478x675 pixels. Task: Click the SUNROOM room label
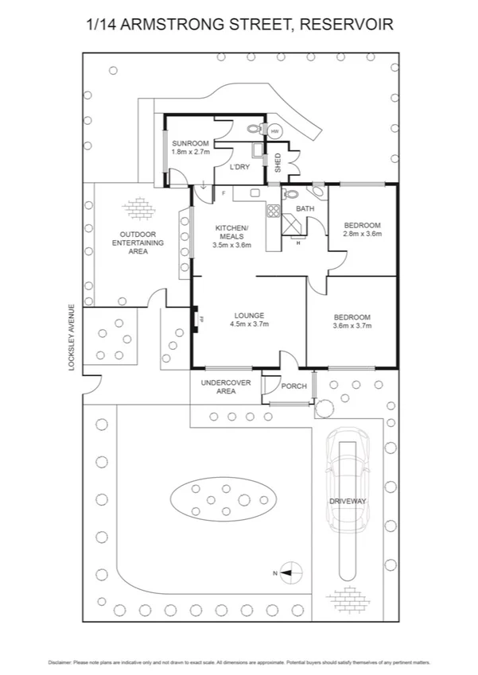click(x=191, y=143)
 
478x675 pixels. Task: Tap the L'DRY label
click(x=239, y=167)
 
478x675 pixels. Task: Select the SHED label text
click(x=278, y=163)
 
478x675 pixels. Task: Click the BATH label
click(x=305, y=209)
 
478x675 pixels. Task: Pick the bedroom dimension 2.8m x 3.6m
click(x=363, y=234)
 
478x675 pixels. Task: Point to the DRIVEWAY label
click(x=348, y=501)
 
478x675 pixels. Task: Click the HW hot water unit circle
click(x=275, y=131)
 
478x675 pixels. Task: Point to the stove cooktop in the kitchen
click(x=273, y=211)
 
